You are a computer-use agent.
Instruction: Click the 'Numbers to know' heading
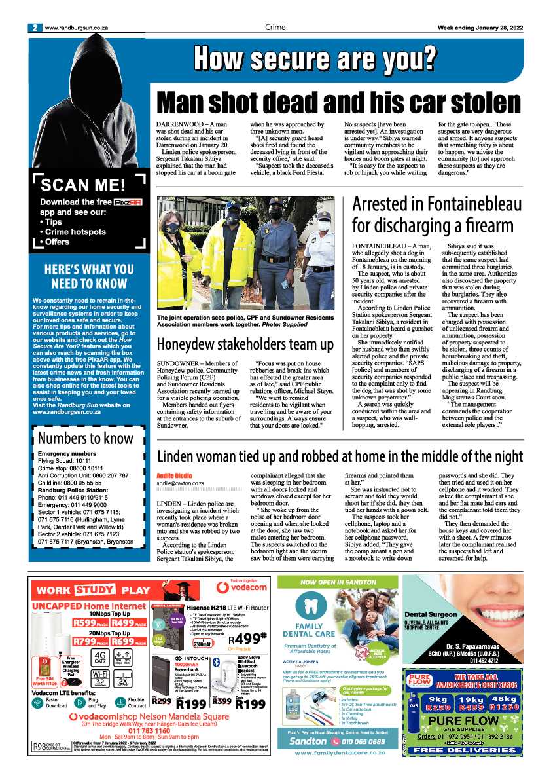(x=86, y=437)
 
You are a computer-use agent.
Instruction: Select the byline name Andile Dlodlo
(x=174, y=475)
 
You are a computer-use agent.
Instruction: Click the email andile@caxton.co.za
(x=180, y=483)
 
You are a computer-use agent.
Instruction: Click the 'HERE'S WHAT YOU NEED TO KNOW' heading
(x=88, y=276)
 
